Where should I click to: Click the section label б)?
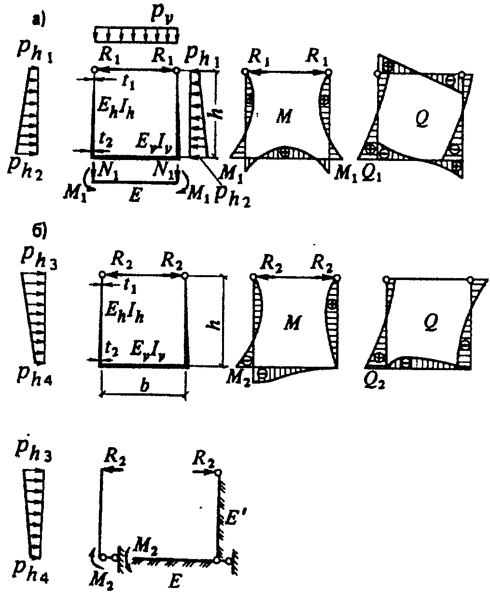click(39, 232)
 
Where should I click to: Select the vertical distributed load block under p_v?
click(136, 34)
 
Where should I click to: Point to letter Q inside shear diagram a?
click(423, 116)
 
